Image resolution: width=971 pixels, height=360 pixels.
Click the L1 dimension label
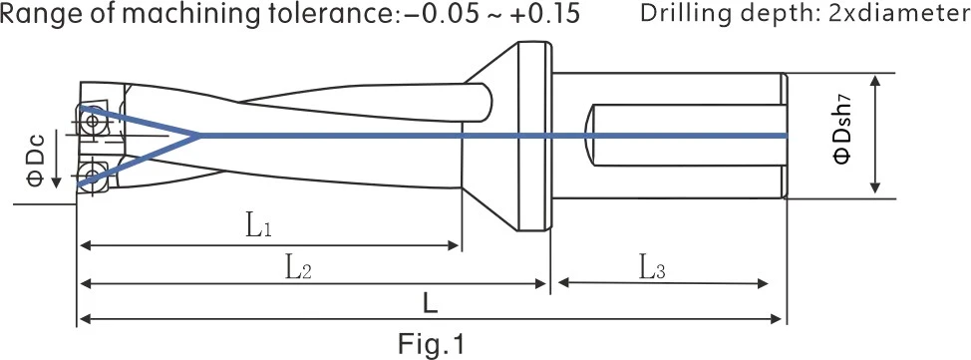[259, 227]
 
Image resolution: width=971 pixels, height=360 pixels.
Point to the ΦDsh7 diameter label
[844, 135]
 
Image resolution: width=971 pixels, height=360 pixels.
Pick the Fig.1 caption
[431, 344]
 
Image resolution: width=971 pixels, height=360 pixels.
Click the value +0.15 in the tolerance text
[545, 14]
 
